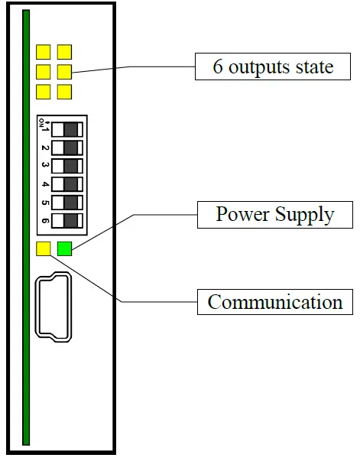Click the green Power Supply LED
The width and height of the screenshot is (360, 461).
click(x=65, y=248)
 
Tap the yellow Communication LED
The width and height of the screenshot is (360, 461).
click(x=44, y=248)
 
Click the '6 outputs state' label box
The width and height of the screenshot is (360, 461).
click(x=273, y=67)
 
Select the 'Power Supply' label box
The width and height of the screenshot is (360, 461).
click(x=274, y=213)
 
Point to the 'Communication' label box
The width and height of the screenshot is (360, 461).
click(x=275, y=301)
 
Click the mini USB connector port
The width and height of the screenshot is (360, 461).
click(x=53, y=307)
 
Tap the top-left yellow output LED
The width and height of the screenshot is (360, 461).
click(x=44, y=52)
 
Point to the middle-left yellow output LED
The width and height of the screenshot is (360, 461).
click(x=44, y=72)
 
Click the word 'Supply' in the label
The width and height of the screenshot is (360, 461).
click(x=306, y=214)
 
